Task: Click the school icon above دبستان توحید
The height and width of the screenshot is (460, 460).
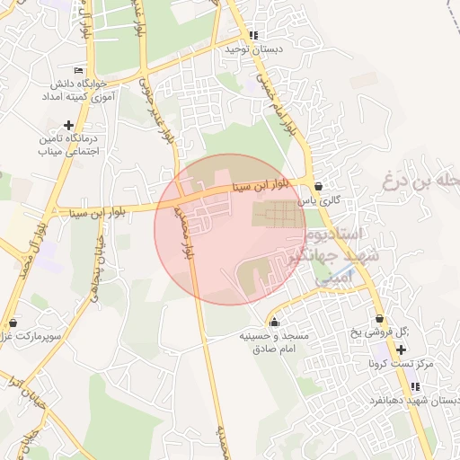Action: (x=253, y=35)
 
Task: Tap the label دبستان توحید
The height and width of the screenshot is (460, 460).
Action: (x=253, y=49)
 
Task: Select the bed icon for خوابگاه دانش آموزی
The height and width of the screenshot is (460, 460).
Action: (x=79, y=69)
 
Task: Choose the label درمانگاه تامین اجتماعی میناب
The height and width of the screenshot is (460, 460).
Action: (x=67, y=146)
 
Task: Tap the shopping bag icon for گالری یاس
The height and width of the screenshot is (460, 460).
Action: (x=318, y=185)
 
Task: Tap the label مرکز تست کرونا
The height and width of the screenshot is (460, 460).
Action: (x=401, y=364)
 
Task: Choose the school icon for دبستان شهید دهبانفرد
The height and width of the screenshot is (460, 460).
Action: (x=414, y=386)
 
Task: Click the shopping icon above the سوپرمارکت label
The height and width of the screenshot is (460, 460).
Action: (x=12, y=322)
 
